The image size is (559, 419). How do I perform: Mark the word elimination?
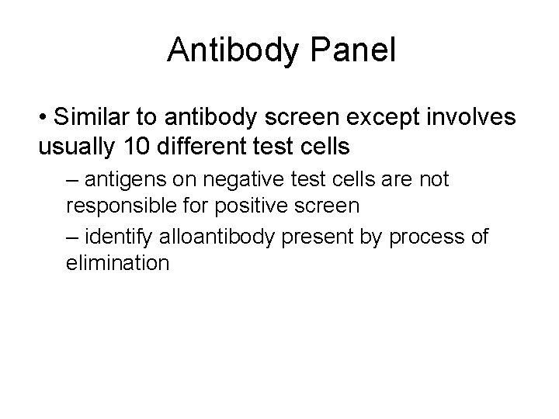tap(117, 262)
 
